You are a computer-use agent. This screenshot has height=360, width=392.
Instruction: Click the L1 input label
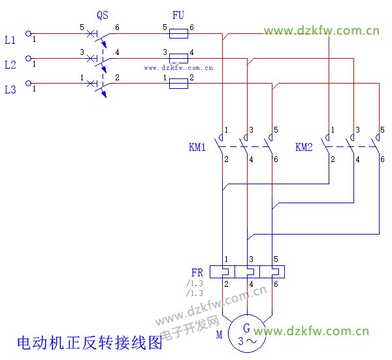[10, 41]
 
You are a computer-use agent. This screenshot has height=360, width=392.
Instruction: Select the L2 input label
[10, 65]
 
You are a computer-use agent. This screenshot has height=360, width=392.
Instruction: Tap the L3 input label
[10, 90]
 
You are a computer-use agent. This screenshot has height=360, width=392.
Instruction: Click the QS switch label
[102, 15]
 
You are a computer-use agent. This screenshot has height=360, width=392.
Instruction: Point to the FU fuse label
[178, 15]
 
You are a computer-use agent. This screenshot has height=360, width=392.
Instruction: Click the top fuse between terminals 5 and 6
[178, 33]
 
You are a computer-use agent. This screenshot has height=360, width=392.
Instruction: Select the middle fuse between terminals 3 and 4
[178, 57]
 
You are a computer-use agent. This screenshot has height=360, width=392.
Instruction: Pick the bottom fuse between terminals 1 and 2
[178, 83]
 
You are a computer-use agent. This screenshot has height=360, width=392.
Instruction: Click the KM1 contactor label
[197, 148]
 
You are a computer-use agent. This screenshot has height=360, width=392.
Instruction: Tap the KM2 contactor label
[304, 148]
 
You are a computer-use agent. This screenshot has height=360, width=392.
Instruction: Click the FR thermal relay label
[197, 272]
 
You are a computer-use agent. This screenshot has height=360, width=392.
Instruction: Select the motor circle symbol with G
[247, 334]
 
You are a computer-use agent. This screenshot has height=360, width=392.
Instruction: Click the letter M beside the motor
[220, 335]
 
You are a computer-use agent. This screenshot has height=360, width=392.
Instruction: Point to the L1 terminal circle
[28, 33]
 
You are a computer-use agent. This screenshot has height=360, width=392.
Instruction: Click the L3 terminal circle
[28, 83]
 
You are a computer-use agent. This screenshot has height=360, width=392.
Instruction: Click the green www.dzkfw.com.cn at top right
[321, 31]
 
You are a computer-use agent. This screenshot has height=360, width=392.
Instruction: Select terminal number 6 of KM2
[382, 159]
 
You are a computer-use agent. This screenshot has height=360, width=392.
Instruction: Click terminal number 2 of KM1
[226, 159]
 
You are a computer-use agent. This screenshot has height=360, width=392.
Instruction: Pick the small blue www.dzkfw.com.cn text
[178, 67]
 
